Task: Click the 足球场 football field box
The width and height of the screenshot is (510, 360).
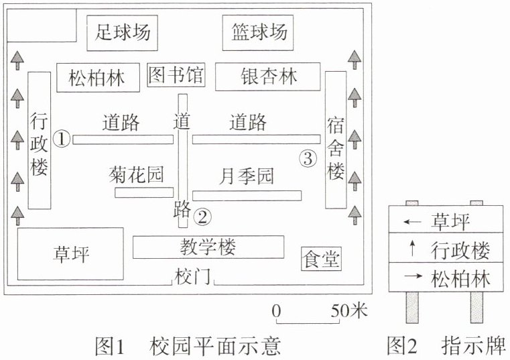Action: click(122, 33)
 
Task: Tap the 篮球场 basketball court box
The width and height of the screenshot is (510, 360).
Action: click(258, 33)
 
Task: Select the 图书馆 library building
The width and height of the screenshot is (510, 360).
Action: click(176, 75)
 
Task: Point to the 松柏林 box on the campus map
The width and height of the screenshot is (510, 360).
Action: click(99, 78)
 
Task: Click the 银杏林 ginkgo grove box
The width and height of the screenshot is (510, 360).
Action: click(267, 77)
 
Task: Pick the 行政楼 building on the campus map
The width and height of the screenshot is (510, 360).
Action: click(40, 140)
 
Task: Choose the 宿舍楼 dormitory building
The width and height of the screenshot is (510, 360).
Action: click(336, 140)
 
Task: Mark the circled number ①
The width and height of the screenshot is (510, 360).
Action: click(62, 139)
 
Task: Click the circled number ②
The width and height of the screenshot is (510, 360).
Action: click(202, 217)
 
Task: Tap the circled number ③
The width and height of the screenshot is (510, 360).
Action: click(308, 158)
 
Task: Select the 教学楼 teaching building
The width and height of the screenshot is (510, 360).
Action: click(208, 247)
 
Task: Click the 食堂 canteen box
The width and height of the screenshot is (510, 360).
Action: click(322, 259)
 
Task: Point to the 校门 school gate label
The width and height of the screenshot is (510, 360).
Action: click(192, 278)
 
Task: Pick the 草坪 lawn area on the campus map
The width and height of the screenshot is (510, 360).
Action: click(70, 254)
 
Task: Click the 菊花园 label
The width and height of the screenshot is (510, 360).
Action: click(136, 174)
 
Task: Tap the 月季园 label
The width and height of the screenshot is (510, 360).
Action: click(247, 176)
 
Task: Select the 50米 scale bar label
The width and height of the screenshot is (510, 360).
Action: click(349, 310)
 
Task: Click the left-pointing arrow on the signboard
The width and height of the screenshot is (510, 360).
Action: click(412, 222)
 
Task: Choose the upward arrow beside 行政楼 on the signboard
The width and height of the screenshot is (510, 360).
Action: click(412, 248)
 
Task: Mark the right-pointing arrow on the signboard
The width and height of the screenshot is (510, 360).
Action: click(413, 276)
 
